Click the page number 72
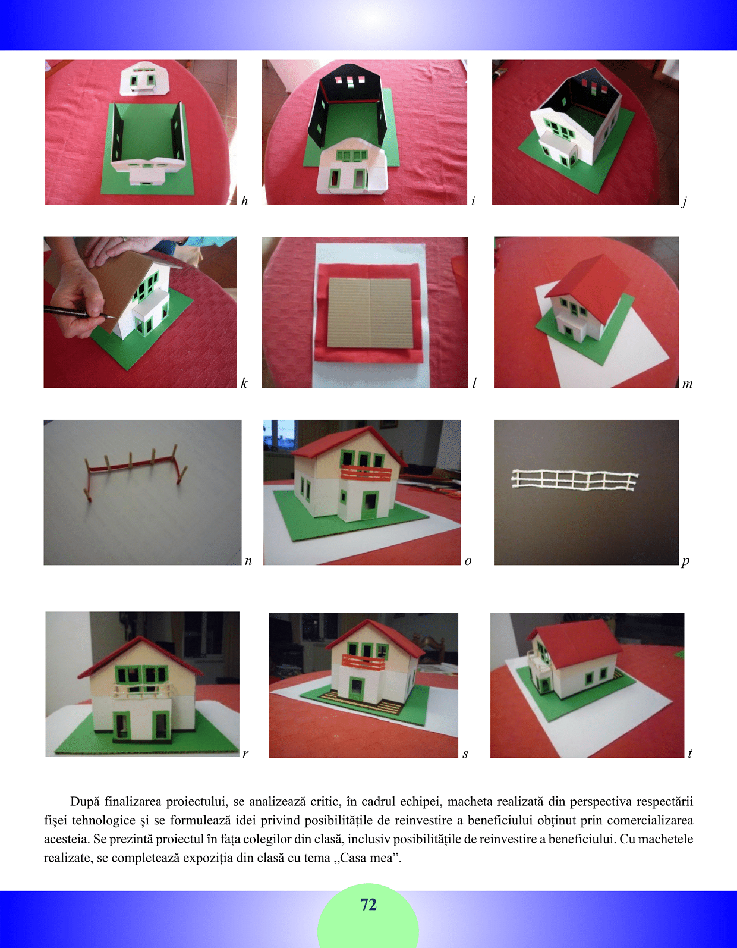pos(368,905)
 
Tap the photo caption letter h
pos(244,200)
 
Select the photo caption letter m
pos(687,384)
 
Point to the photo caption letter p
pos(685,561)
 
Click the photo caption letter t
pos(690,754)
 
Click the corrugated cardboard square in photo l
pos(370,312)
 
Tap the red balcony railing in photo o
pos(366,473)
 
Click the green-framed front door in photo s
pos(358,688)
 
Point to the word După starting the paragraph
pos(85,802)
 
